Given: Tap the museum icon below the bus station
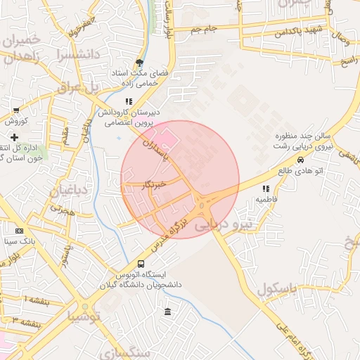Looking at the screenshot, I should (x=167, y=311).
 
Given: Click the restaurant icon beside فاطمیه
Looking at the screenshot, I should (x=266, y=188).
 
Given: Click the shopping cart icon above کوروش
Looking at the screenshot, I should (x=16, y=110).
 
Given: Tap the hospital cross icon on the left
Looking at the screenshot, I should (x=14, y=136).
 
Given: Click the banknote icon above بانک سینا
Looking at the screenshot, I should (x=19, y=230).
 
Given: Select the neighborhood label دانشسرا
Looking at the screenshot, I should (x=70, y=53).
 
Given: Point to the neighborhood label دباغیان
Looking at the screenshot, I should (x=69, y=191).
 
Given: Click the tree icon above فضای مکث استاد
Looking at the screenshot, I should (x=139, y=63).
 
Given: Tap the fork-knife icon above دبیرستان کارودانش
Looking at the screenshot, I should (x=128, y=101).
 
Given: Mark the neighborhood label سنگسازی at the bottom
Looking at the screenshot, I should (x=127, y=352).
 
